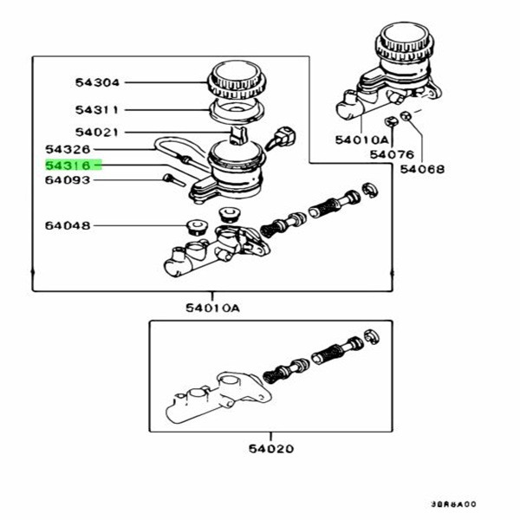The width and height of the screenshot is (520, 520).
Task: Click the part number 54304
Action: tap(97, 83)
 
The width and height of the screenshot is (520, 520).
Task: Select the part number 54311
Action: tap(97, 110)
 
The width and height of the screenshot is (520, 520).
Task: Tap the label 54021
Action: tap(97, 133)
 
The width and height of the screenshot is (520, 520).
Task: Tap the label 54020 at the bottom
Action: tap(270, 449)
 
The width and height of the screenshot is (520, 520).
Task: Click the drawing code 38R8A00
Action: tap(454, 503)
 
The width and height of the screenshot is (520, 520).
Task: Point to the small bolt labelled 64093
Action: tap(170, 179)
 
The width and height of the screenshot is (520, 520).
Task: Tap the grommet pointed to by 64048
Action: tap(194, 228)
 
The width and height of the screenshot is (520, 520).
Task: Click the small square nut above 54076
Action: tap(391, 120)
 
